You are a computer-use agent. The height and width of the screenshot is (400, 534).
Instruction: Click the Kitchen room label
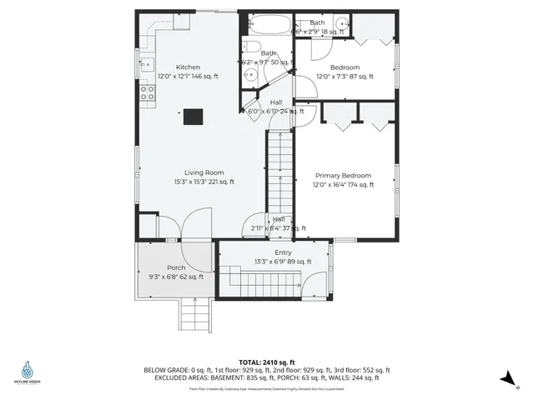[188, 67]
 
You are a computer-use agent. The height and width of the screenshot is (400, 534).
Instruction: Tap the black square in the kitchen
[193, 117]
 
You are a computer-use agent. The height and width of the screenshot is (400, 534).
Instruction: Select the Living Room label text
[204, 172]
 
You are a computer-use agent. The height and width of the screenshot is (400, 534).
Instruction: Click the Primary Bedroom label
[343, 176]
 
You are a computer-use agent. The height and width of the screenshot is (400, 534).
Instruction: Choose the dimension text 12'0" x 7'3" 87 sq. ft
[345, 77]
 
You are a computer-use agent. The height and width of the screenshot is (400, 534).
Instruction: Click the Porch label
[176, 267]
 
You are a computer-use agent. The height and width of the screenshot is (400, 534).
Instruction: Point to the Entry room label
[284, 252]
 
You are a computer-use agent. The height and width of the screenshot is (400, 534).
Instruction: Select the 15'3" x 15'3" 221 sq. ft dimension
[204, 182]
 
